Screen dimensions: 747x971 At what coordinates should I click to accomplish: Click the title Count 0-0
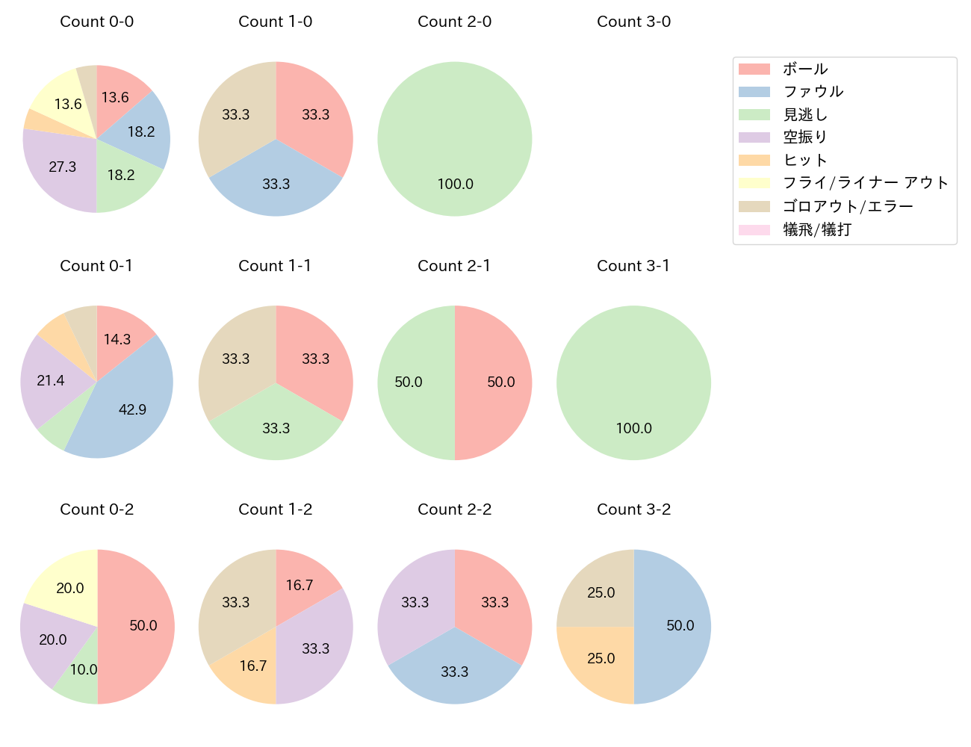[97, 22]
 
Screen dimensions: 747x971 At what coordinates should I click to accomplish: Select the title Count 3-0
[633, 22]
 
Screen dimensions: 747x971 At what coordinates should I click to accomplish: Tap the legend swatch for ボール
[754, 69]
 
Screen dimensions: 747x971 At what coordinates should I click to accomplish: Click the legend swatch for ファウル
[754, 92]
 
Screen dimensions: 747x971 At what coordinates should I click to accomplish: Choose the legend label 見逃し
[805, 115]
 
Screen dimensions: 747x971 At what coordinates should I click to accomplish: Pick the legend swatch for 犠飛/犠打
[754, 230]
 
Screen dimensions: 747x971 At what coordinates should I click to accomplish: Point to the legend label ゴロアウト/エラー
[848, 207]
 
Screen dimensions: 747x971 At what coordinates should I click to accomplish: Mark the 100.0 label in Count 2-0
[456, 185]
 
